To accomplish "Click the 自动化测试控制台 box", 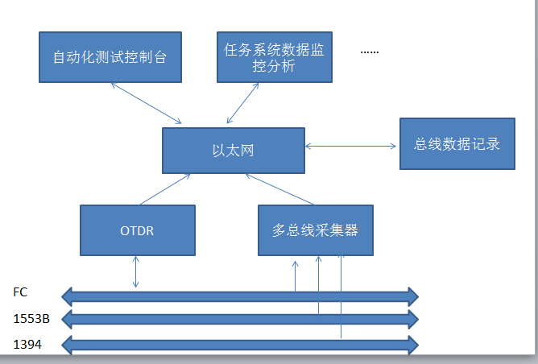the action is tap(110, 57).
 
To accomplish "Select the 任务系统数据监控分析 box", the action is tap(275, 57).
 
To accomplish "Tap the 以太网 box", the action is tap(234, 151).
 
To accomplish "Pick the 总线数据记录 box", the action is tap(457, 143).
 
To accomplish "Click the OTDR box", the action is tap(138, 230).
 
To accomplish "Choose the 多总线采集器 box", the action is tap(316, 230).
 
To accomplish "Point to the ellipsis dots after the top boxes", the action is tap(370, 52).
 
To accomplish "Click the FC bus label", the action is tap(20, 292).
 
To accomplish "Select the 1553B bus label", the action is tap(31, 319).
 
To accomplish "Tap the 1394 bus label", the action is tap(27, 344).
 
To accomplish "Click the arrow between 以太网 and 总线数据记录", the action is tap(350, 146).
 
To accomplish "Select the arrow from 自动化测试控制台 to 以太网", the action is tap(147, 103).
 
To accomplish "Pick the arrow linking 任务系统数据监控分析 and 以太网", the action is tap(242, 103).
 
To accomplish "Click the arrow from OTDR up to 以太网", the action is tap(165, 189).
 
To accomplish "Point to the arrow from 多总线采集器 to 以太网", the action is tap(279, 189).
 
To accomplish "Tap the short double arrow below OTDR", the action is tap(136, 271).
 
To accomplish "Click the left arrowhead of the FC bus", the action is tap(67, 297).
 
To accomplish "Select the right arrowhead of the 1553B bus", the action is tap(413, 320).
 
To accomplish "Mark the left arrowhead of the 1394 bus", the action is tap(67, 345).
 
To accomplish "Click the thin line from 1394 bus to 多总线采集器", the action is tap(341, 297).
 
